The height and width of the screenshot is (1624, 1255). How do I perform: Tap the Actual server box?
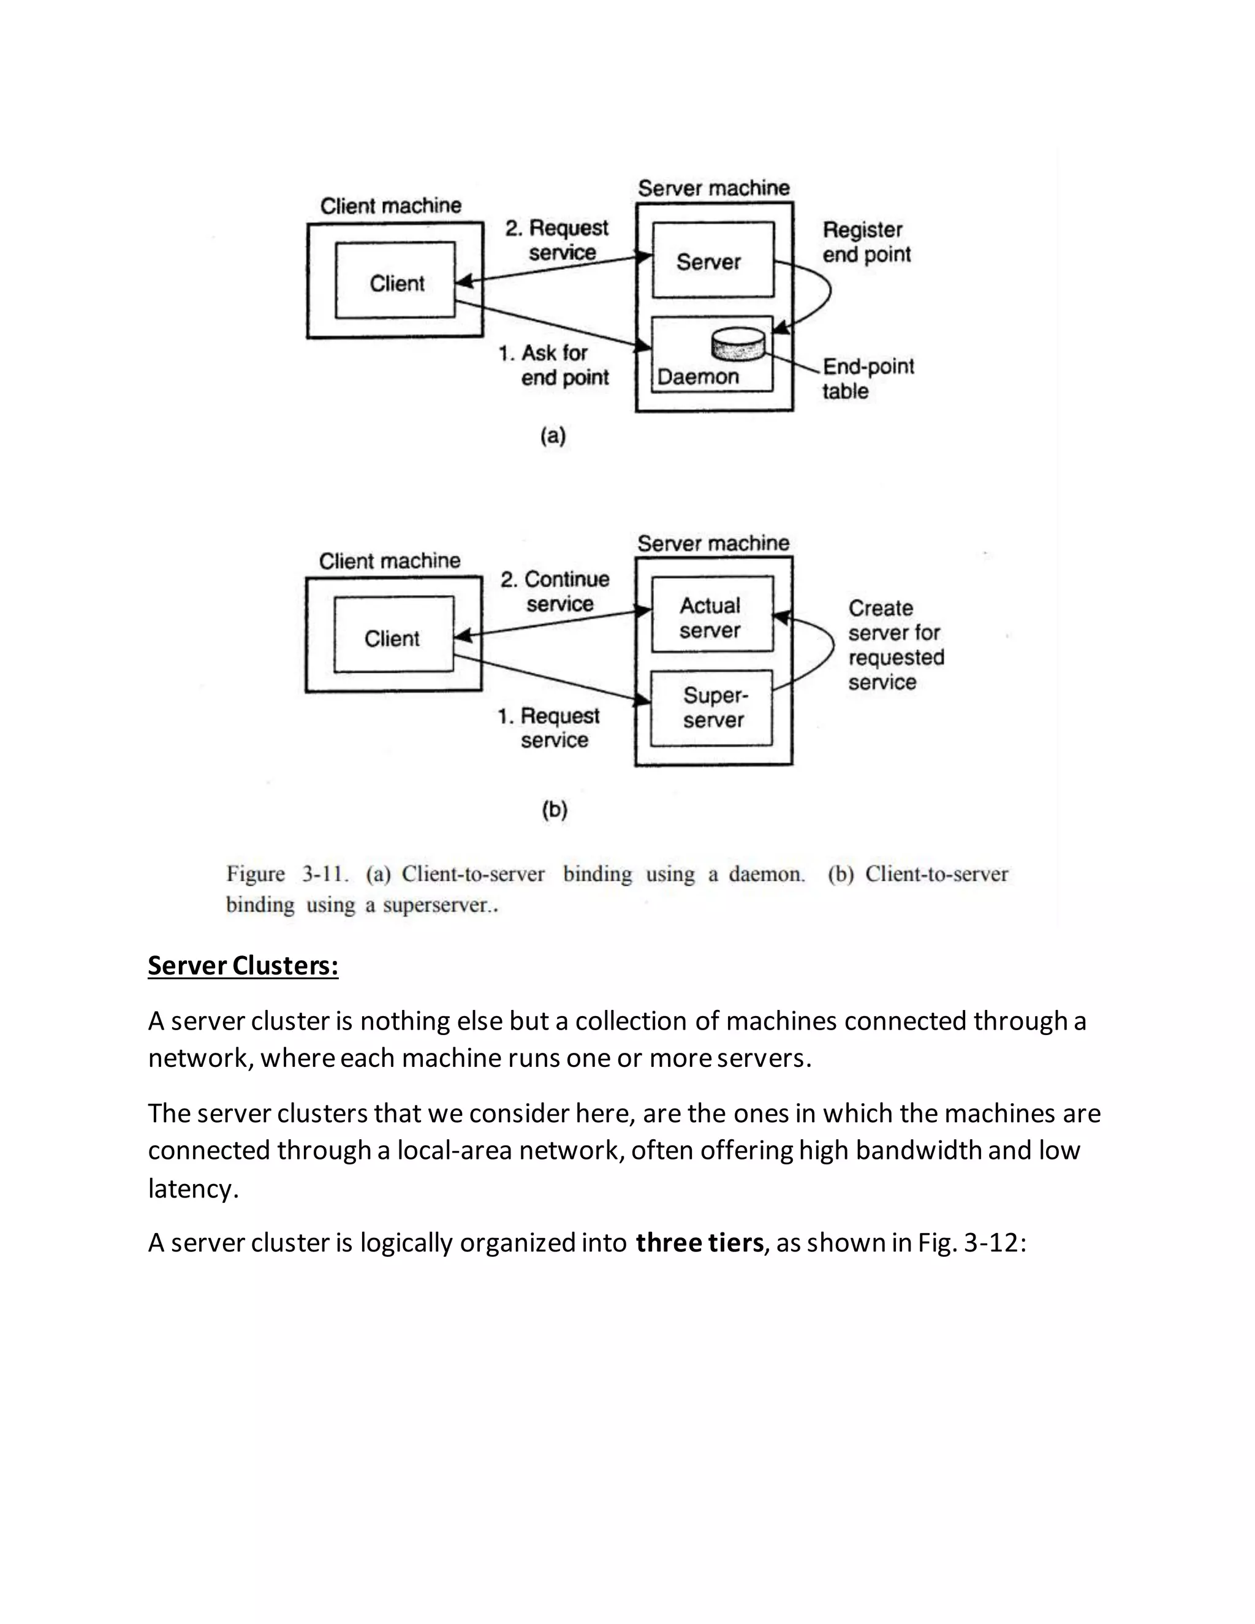(711, 617)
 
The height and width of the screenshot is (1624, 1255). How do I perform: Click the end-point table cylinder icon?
(738, 344)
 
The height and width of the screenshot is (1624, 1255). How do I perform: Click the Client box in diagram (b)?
(393, 637)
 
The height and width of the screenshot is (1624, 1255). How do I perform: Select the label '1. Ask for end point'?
(554, 365)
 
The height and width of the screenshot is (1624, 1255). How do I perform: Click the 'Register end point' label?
(865, 241)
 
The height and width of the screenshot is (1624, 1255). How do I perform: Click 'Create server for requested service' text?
(895, 644)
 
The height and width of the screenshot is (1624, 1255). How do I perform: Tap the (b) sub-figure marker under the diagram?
(555, 809)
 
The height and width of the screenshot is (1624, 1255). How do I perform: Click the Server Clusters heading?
(243, 965)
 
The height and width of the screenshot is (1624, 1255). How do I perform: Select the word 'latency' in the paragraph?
(192, 1188)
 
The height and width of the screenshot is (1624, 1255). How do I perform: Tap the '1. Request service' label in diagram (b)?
(550, 727)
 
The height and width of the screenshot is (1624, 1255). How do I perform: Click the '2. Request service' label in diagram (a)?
(558, 240)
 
